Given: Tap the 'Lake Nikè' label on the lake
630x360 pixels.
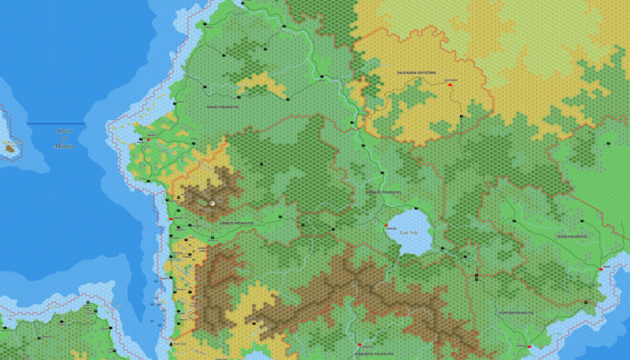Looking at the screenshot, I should [409, 233].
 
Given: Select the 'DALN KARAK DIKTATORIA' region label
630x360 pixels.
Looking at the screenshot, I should [417, 73].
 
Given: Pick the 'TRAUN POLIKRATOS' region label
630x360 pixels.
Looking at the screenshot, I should [572, 237].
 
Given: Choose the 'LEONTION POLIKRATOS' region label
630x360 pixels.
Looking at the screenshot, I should [516, 313].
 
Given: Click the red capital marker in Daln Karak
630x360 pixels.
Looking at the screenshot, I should [451, 85].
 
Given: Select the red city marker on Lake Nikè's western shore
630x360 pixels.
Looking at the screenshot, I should [386, 225].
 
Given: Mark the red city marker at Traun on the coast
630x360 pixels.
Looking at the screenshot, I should [600, 270].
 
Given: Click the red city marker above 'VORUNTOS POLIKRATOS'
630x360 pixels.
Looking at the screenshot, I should [359, 345].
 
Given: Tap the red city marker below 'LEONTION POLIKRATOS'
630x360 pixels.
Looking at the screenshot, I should [529, 346].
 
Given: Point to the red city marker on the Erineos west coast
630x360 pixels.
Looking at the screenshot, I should [170, 219].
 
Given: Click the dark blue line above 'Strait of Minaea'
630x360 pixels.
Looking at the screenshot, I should [55, 124].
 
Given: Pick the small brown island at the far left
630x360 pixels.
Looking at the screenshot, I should [10, 148].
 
